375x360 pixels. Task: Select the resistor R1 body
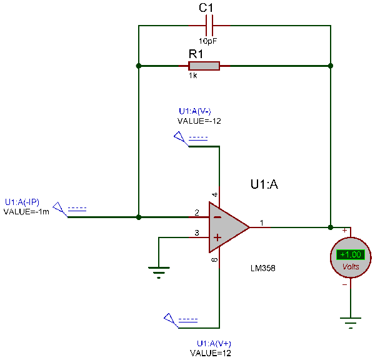(204, 66)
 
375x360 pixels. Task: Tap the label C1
(206, 8)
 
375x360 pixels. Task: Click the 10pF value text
(209, 41)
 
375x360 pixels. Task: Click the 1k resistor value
(193, 75)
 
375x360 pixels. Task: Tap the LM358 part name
(263, 267)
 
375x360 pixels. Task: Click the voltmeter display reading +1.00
(350, 254)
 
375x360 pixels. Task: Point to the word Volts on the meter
(351, 266)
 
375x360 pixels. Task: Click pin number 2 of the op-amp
(197, 213)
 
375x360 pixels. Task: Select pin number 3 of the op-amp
(197, 233)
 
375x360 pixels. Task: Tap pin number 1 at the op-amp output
(262, 222)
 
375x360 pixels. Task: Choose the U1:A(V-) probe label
(194, 111)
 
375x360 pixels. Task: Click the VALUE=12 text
(211, 353)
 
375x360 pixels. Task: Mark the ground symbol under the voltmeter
(351, 324)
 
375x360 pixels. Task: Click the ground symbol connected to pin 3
(159, 271)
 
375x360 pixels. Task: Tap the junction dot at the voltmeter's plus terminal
(331, 227)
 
